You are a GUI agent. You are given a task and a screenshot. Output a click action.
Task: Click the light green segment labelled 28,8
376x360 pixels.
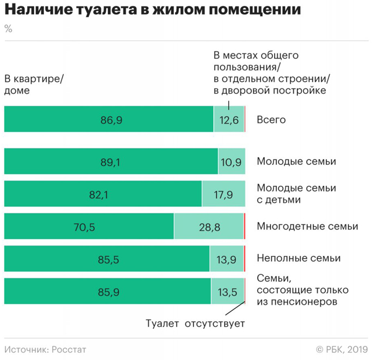pos(209,226)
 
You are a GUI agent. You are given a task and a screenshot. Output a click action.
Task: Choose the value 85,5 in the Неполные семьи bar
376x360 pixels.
pos(107,259)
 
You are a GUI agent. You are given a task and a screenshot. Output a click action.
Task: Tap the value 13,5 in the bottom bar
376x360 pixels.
pos(227,291)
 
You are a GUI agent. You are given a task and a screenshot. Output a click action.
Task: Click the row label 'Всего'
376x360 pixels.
pos(271,119)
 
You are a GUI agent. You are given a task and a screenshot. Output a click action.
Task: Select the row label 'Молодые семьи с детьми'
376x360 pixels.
pos(296,194)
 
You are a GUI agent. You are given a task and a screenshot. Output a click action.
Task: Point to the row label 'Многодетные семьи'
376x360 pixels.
pos(307,226)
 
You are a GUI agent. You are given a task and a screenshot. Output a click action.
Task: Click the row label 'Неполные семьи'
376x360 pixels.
pos(299,258)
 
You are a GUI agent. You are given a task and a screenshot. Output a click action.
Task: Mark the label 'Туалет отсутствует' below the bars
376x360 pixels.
pos(195,323)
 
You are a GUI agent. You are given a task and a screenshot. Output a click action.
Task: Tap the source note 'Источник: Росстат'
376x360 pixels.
pos(45,349)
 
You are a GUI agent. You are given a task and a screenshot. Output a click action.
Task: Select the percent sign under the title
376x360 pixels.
pos(8,29)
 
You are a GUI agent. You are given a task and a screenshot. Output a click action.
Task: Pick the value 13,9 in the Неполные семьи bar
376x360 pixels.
pos(226,259)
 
